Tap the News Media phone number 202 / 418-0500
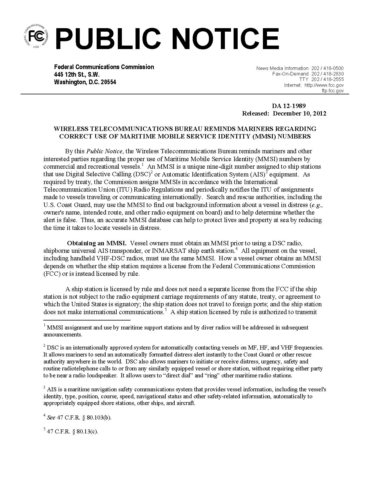tap(327, 69)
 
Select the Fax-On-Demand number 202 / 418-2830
tap(327, 74)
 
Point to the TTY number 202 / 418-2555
tap(327, 80)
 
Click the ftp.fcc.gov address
tap(333, 91)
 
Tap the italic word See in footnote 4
tap(51, 418)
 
